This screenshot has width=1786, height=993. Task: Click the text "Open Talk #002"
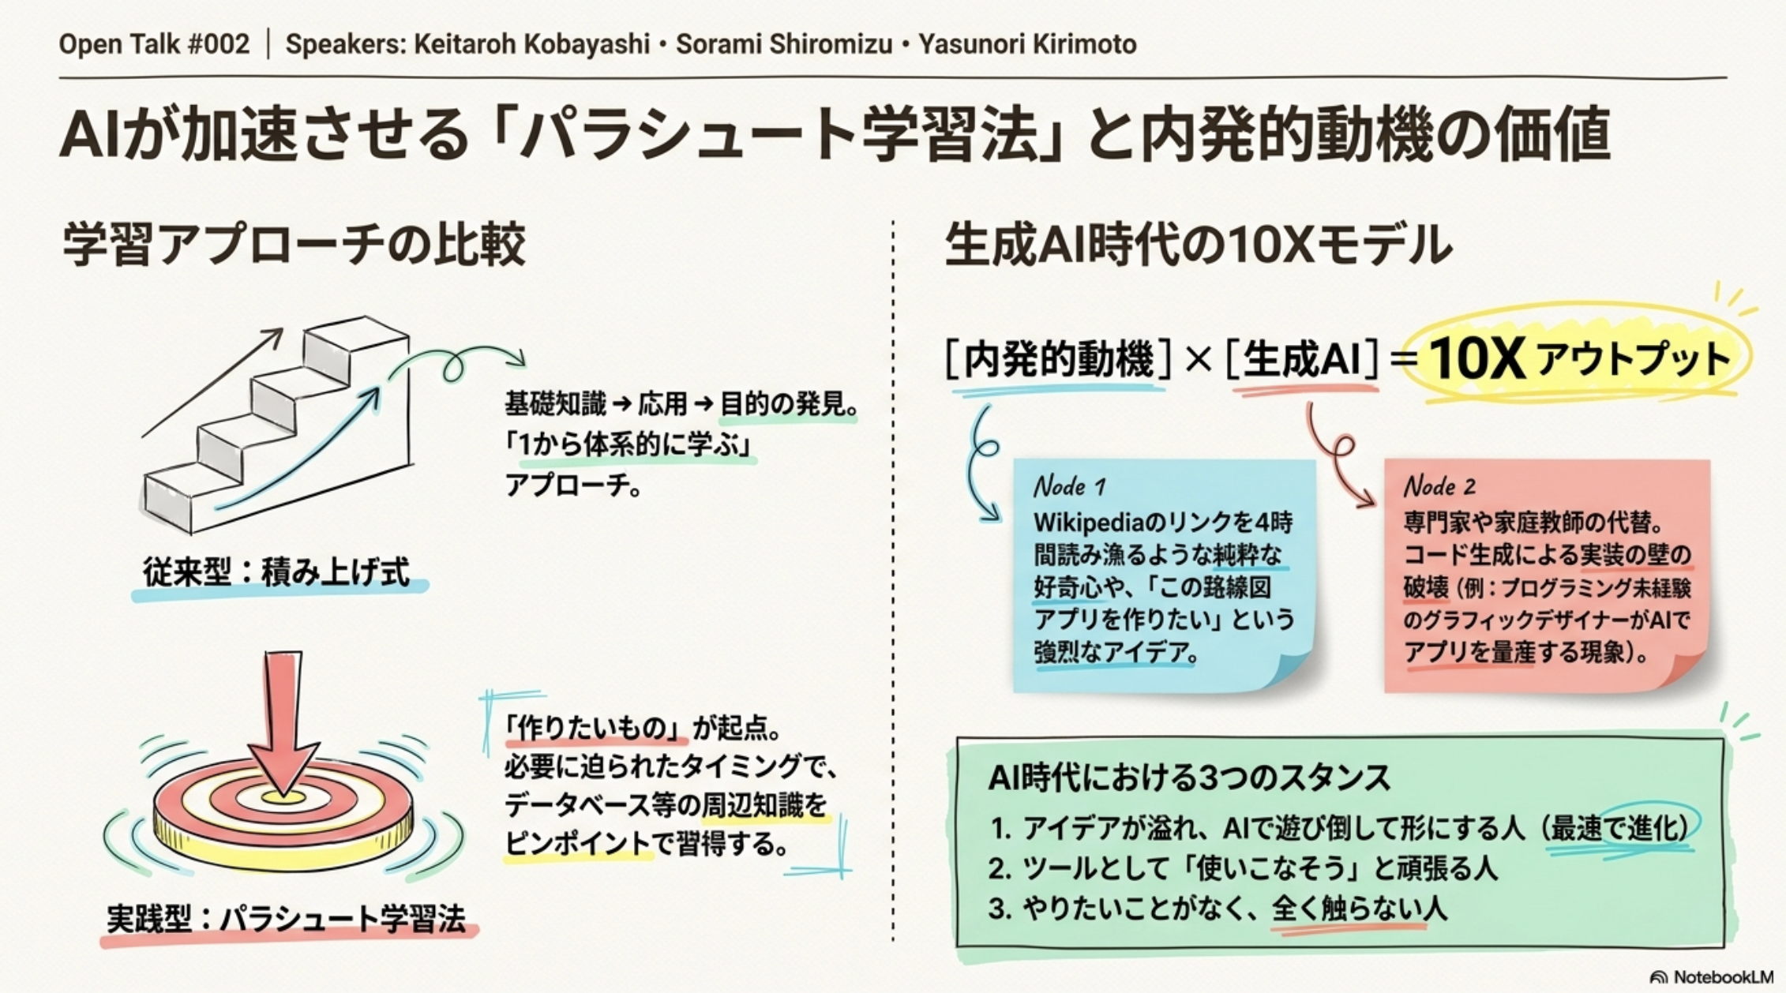154,43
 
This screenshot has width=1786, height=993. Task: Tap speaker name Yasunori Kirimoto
1027,44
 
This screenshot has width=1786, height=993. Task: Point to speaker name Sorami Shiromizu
784,44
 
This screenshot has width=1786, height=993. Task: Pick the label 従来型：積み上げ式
276,572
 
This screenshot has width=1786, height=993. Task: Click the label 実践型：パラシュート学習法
286,919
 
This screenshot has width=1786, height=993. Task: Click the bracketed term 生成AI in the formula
1302,359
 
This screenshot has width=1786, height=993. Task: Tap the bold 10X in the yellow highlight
1476,359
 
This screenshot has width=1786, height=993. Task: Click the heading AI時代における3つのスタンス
1189,778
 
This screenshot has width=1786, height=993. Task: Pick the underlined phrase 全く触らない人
1359,909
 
